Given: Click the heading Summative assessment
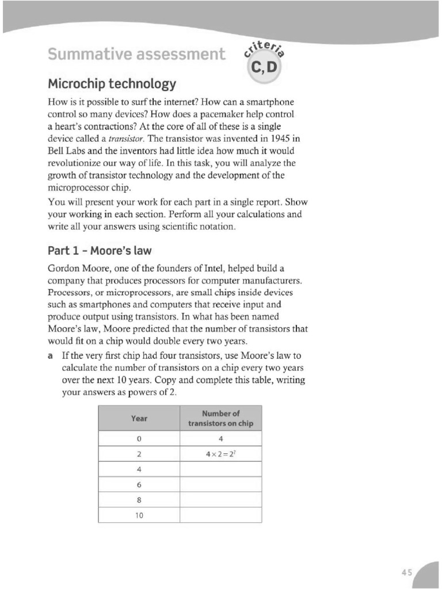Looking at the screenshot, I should [x=135, y=55].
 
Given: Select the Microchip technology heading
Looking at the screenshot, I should [x=112, y=84].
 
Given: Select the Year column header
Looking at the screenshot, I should [x=139, y=418].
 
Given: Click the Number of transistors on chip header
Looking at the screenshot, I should [x=220, y=418].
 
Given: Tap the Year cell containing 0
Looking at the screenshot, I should [x=139, y=439].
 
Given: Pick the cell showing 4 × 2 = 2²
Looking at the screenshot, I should [x=220, y=454].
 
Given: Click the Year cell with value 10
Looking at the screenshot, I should [x=139, y=515].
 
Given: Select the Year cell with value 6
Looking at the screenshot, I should [x=139, y=484].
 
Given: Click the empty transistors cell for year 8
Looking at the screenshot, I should [x=220, y=500].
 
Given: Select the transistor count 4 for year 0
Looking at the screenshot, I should [x=220, y=439].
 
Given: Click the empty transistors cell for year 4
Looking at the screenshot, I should [x=220, y=469].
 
